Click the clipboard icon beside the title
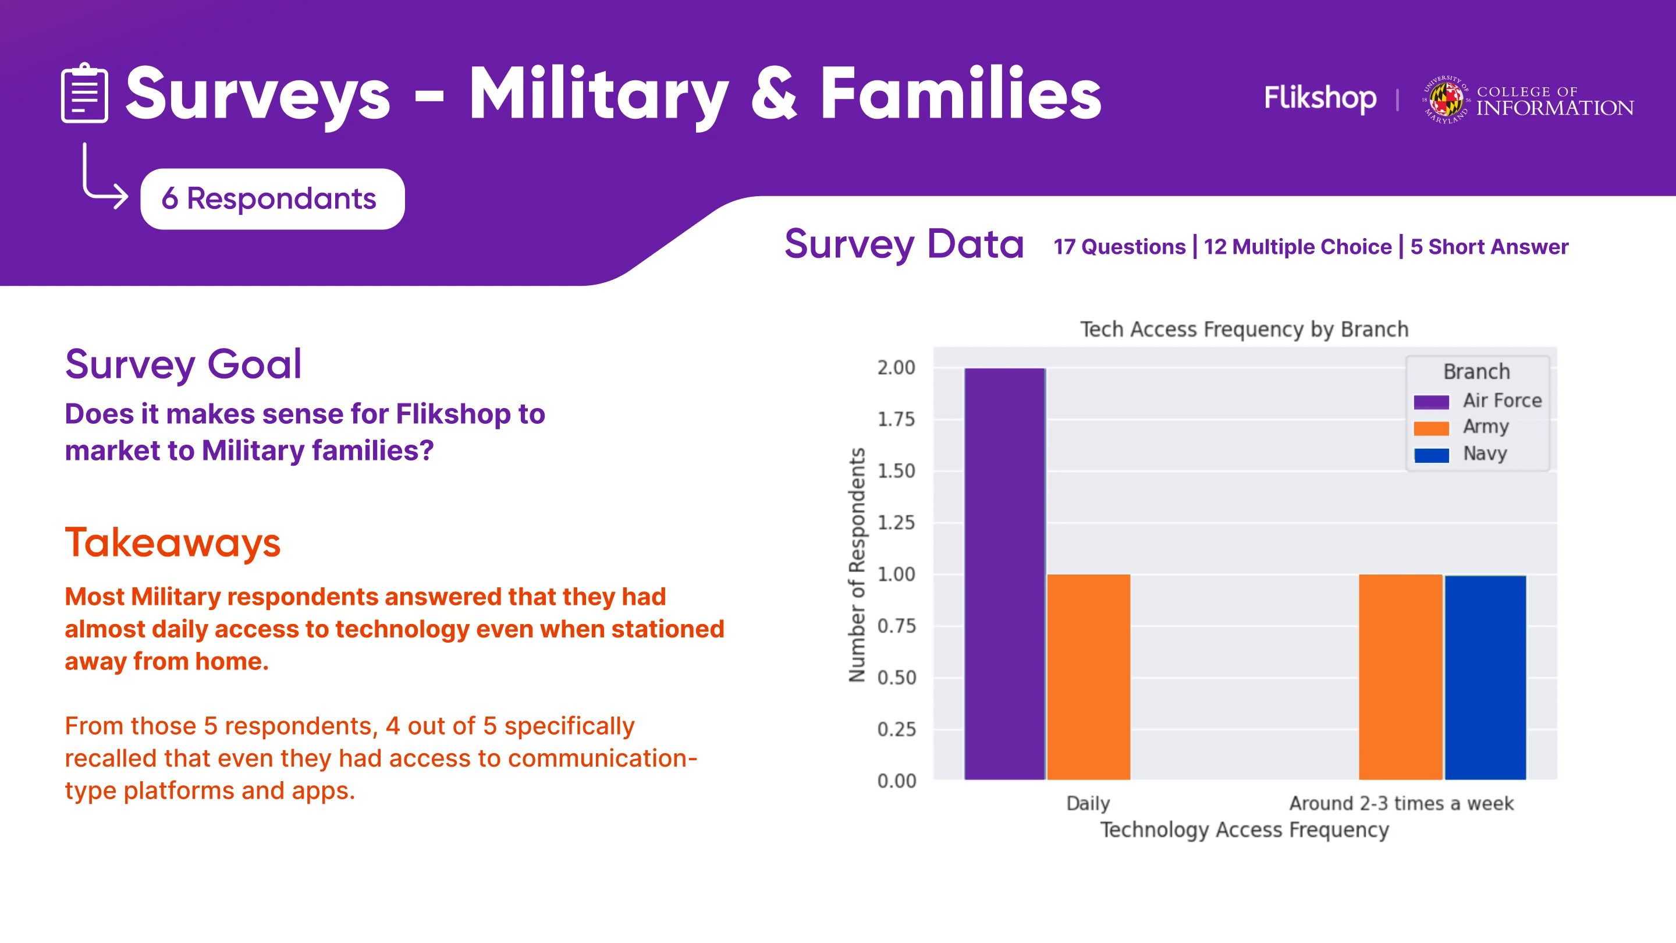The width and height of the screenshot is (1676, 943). point(84,93)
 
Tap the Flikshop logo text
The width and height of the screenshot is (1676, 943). point(1319,98)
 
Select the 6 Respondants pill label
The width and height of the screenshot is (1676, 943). point(271,198)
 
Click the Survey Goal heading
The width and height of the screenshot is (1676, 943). point(183,364)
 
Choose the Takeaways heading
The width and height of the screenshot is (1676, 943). point(172,542)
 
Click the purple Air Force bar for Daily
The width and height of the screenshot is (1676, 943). point(1004,573)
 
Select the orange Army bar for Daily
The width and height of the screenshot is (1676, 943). point(1088,676)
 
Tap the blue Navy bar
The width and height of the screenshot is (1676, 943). point(1485,677)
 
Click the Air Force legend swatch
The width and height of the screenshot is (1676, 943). point(1431,402)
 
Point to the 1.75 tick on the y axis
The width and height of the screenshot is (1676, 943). point(896,419)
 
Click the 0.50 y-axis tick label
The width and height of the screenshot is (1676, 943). point(896,678)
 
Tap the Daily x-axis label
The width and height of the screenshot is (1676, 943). point(1088,803)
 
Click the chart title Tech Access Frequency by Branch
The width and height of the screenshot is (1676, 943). point(1244,329)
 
